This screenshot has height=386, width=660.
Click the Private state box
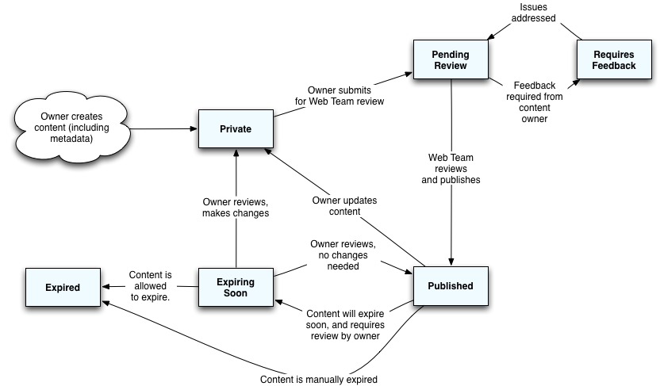[x=236, y=128]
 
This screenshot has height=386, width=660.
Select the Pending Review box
[x=450, y=59]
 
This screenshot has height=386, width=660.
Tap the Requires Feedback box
[x=614, y=59]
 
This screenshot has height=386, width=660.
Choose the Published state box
[x=450, y=286]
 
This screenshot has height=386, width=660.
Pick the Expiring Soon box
[x=236, y=287]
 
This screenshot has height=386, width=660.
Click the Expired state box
[x=63, y=287]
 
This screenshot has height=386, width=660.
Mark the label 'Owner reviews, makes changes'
[x=236, y=207]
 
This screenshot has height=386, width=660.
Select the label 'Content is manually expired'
[x=319, y=379]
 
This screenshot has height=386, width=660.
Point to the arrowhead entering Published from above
[x=451, y=263]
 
